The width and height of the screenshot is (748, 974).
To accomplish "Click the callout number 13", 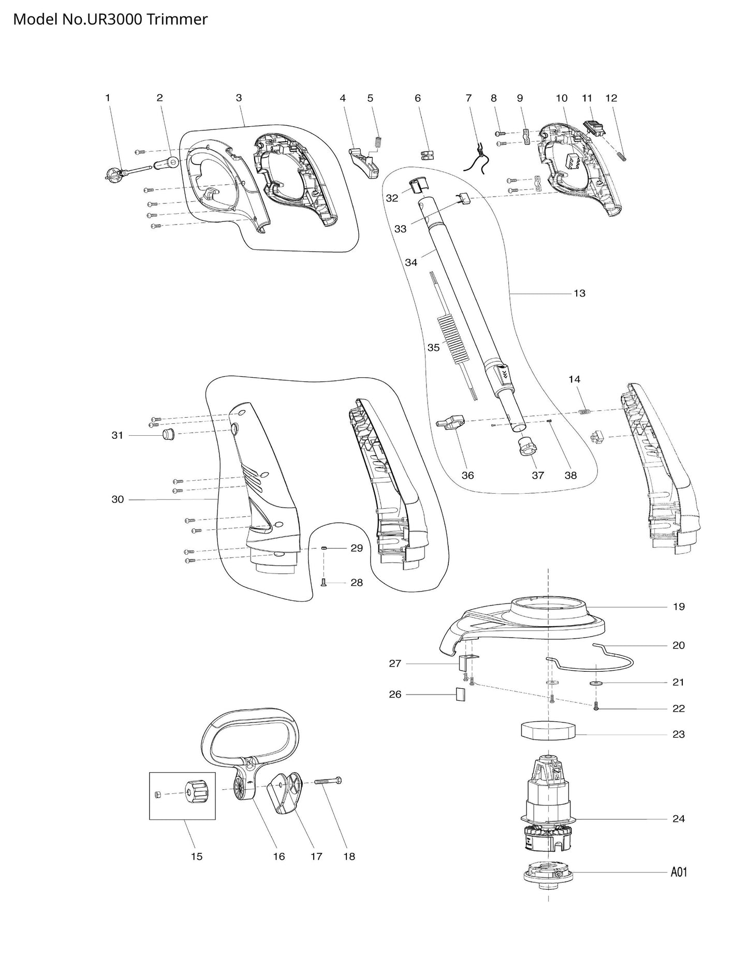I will coord(579,293).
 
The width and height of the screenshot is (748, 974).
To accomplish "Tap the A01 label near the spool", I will coord(679,872).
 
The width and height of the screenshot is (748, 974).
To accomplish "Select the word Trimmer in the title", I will coord(184,19).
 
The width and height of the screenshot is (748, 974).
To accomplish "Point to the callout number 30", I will coord(118,499).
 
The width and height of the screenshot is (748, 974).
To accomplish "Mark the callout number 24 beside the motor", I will coord(678,819).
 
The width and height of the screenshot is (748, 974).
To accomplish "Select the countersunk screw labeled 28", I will coord(324,583).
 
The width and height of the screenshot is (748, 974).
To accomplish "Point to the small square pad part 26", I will coord(460,694).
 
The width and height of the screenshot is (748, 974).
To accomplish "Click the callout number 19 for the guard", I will coord(679,607).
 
